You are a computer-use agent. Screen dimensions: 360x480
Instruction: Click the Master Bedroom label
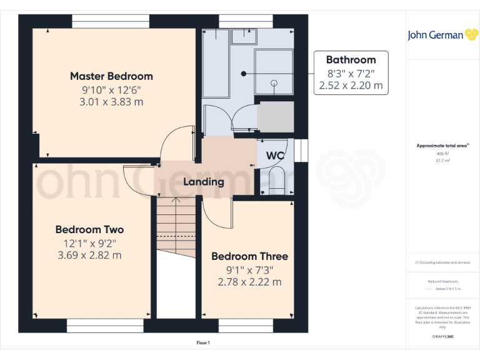point(111,76)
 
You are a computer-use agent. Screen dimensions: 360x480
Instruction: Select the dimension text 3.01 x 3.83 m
point(111,101)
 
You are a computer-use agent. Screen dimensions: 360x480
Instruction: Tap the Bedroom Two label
point(89,229)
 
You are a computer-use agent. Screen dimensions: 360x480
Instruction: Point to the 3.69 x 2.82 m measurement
point(89,255)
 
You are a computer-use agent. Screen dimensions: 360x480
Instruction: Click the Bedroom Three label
point(249,256)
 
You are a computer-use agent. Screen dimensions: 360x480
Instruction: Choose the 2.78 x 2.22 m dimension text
point(249,282)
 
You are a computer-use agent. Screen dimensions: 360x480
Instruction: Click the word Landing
point(203,182)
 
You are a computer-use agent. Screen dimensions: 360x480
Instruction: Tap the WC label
point(276,155)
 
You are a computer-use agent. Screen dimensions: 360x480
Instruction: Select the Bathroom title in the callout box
point(351,60)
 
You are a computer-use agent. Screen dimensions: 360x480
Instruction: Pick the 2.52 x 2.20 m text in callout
point(351,86)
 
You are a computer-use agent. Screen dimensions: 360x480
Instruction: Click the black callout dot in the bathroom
point(244,73)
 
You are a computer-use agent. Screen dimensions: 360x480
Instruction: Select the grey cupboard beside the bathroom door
point(276,117)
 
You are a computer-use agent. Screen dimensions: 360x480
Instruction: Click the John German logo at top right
point(443,35)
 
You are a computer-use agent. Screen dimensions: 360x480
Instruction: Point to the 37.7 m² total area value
point(442,160)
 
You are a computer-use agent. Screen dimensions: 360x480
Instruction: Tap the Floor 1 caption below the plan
point(203,342)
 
